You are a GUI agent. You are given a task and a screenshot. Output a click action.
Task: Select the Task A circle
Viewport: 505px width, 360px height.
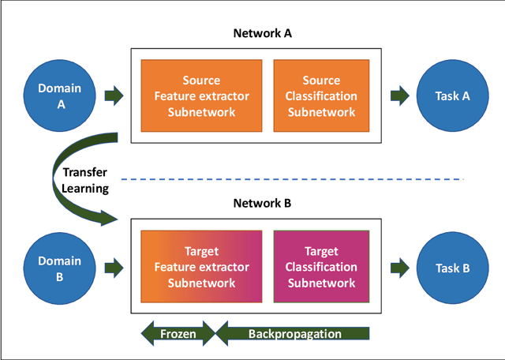[453, 96]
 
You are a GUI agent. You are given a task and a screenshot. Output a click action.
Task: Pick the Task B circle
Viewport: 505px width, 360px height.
[453, 268]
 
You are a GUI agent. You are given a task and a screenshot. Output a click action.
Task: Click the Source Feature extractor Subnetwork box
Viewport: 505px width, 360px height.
[201, 96]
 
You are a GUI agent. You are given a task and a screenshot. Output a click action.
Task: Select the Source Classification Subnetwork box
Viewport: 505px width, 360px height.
[319, 96]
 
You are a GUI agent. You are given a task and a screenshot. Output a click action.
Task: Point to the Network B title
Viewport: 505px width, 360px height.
[262, 203]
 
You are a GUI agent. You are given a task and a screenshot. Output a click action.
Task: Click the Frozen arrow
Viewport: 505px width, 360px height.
[178, 333]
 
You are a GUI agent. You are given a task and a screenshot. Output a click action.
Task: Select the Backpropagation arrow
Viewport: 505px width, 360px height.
[293, 333]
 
